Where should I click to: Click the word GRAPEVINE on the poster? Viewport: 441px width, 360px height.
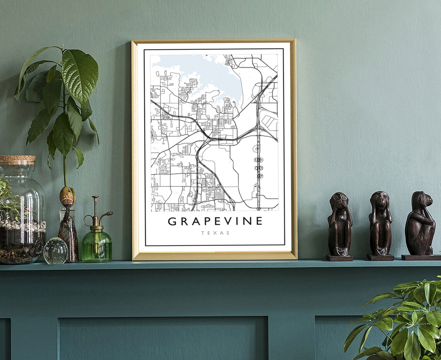(x=215, y=222)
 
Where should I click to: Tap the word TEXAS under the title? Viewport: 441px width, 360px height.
(x=215, y=233)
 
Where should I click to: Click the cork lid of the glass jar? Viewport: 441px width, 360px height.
(x=17, y=160)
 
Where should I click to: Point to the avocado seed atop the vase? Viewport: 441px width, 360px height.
(x=67, y=195)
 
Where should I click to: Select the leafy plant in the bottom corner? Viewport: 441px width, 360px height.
(x=402, y=321)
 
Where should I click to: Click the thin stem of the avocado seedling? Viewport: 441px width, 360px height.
(x=65, y=170)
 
